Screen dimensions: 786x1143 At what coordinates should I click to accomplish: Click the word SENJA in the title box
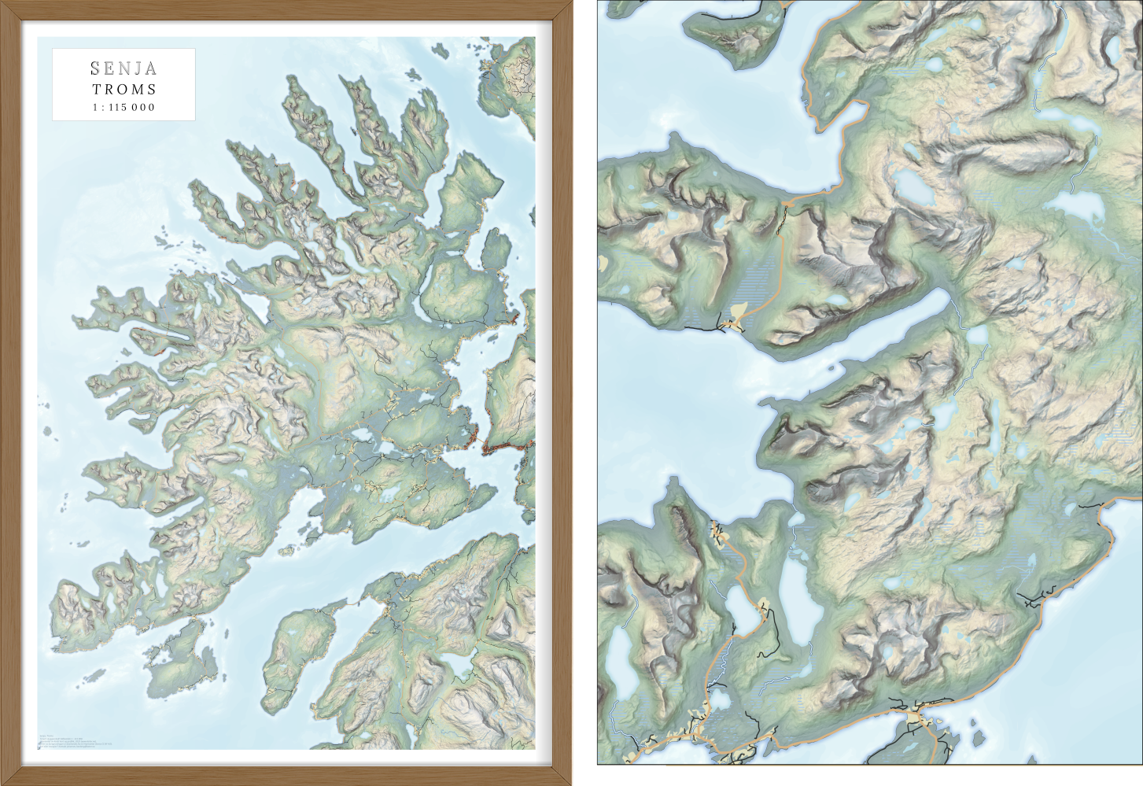pos(124,68)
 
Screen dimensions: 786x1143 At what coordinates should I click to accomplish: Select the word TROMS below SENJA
pos(124,90)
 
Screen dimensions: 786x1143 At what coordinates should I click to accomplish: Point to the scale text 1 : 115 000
pos(124,108)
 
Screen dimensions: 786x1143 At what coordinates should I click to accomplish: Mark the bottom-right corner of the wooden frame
pos(566,779)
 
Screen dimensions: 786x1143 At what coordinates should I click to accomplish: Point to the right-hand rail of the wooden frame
pos(562,393)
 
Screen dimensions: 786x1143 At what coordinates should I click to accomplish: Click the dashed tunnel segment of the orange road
pos(781,224)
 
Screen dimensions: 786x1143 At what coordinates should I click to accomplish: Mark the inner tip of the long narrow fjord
pos(944,297)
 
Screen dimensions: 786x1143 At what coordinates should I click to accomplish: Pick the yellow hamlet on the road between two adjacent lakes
pos(762,607)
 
